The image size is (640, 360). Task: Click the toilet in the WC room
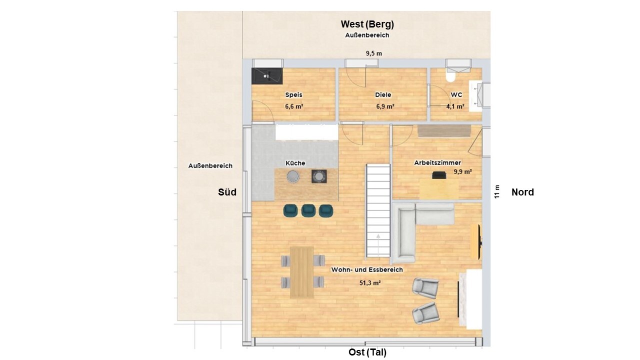pos(451,76)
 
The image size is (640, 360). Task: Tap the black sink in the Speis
pos(267,76)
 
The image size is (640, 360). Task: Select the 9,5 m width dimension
pos(373,53)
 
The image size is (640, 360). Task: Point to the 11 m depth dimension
pos(497,191)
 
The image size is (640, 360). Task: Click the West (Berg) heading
pos(367,24)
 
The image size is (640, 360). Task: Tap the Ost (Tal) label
pos(367,352)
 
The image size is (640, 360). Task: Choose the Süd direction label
pos(227,192)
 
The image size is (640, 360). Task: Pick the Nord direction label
pos(522,192)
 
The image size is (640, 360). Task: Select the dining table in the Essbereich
pos(301,272)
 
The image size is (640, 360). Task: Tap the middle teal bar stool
pos(308,211)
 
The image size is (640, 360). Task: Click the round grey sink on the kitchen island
pos(293,176)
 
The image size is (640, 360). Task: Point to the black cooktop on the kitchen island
pos(319,176)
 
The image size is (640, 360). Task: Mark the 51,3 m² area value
pos(370,283)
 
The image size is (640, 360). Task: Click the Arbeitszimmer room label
pos(437,163)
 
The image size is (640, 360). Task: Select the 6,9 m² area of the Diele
pos(385,106)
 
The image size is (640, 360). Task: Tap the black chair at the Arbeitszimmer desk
pos(439,175)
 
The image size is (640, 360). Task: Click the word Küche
pos(295,163)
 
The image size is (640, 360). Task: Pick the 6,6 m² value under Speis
pos(294,106)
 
